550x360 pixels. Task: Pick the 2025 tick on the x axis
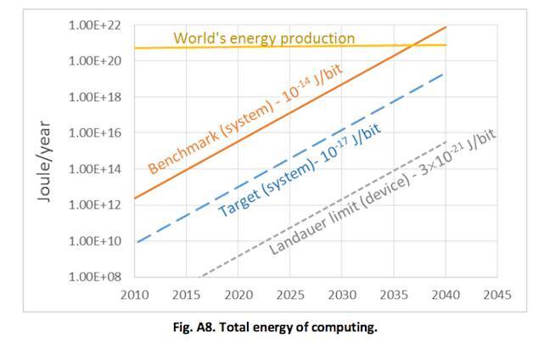coord(290,295)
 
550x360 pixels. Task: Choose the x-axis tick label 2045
coord(497,295)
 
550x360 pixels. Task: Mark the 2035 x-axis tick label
coord(394,295)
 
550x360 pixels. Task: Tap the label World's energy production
coord(264,38)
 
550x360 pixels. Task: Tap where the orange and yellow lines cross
coord(410,45)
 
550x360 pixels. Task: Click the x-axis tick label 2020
coord(239,295)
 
